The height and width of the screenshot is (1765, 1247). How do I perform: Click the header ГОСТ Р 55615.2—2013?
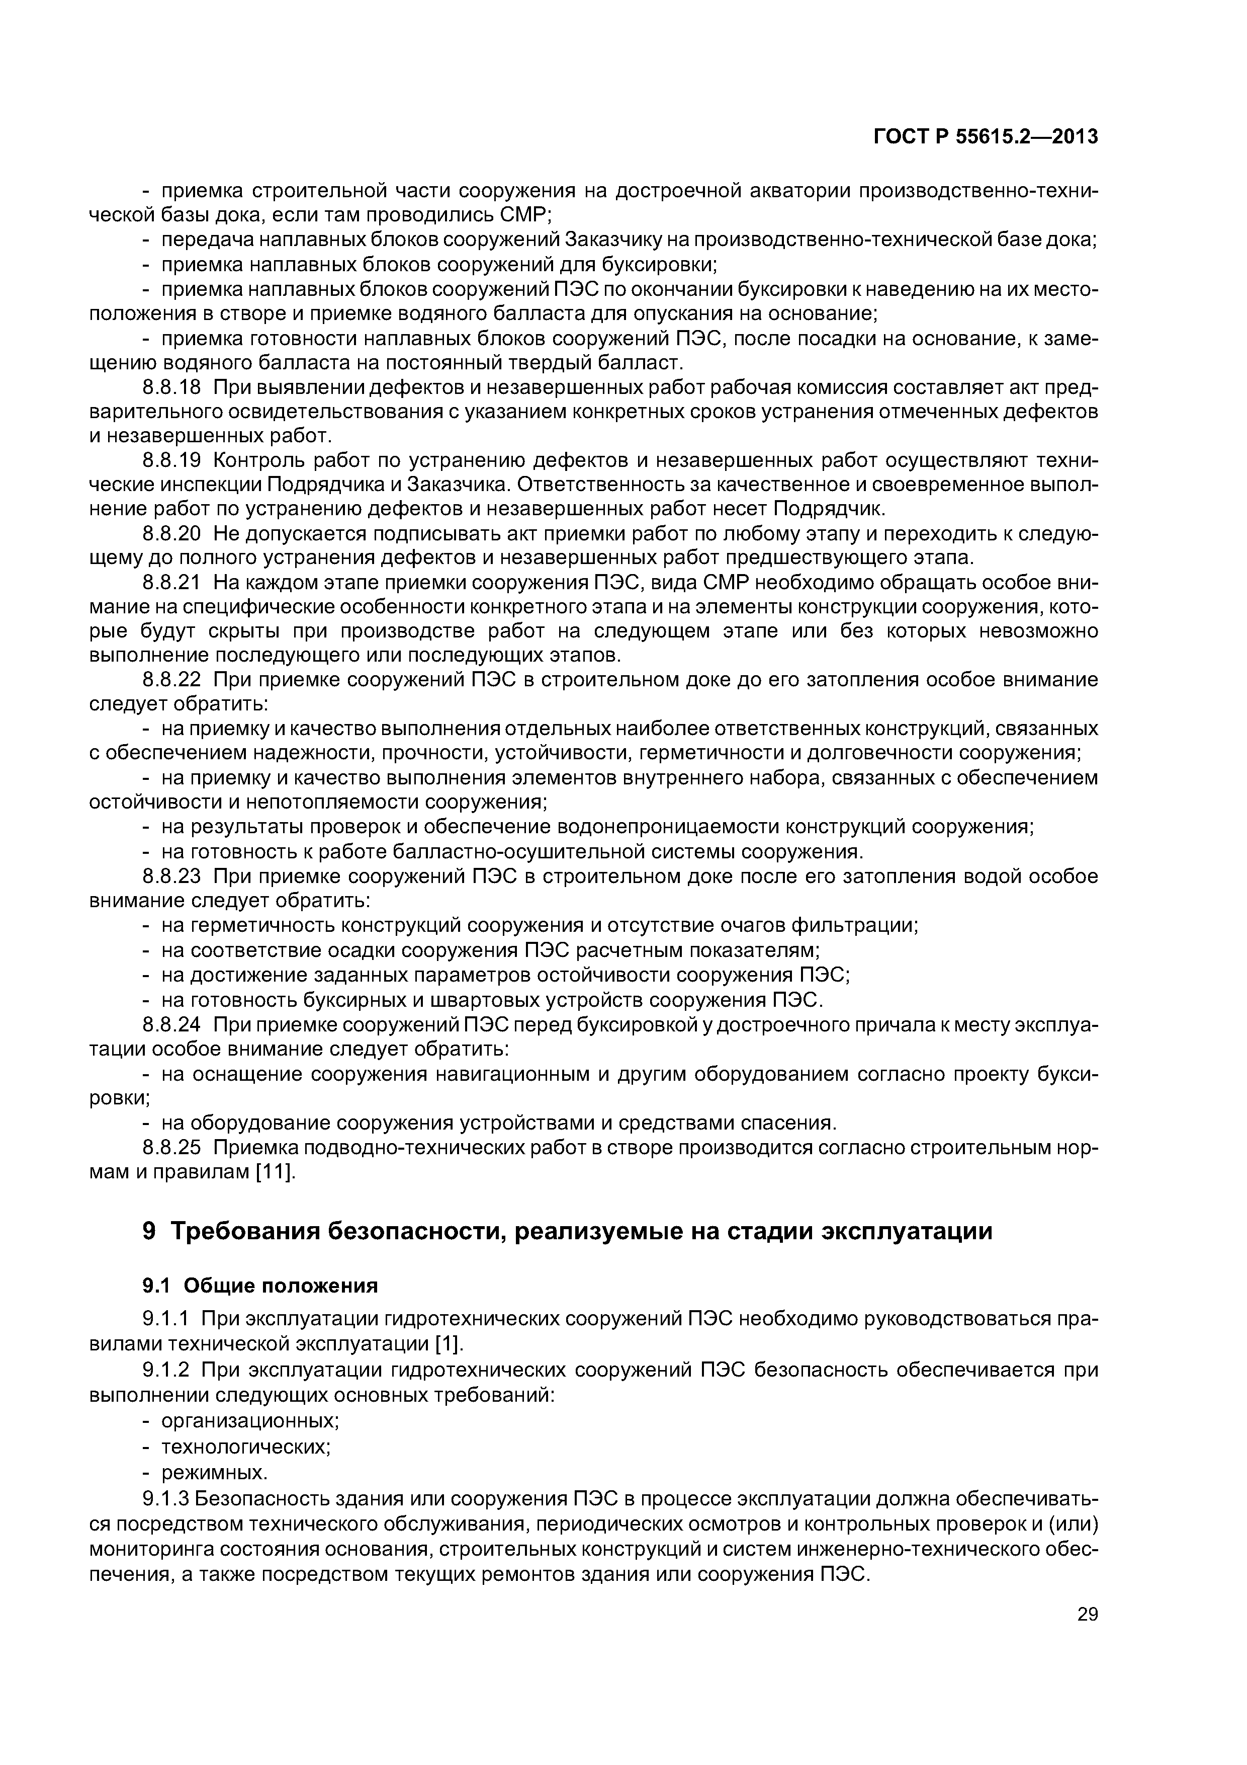[x=986, y=137]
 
